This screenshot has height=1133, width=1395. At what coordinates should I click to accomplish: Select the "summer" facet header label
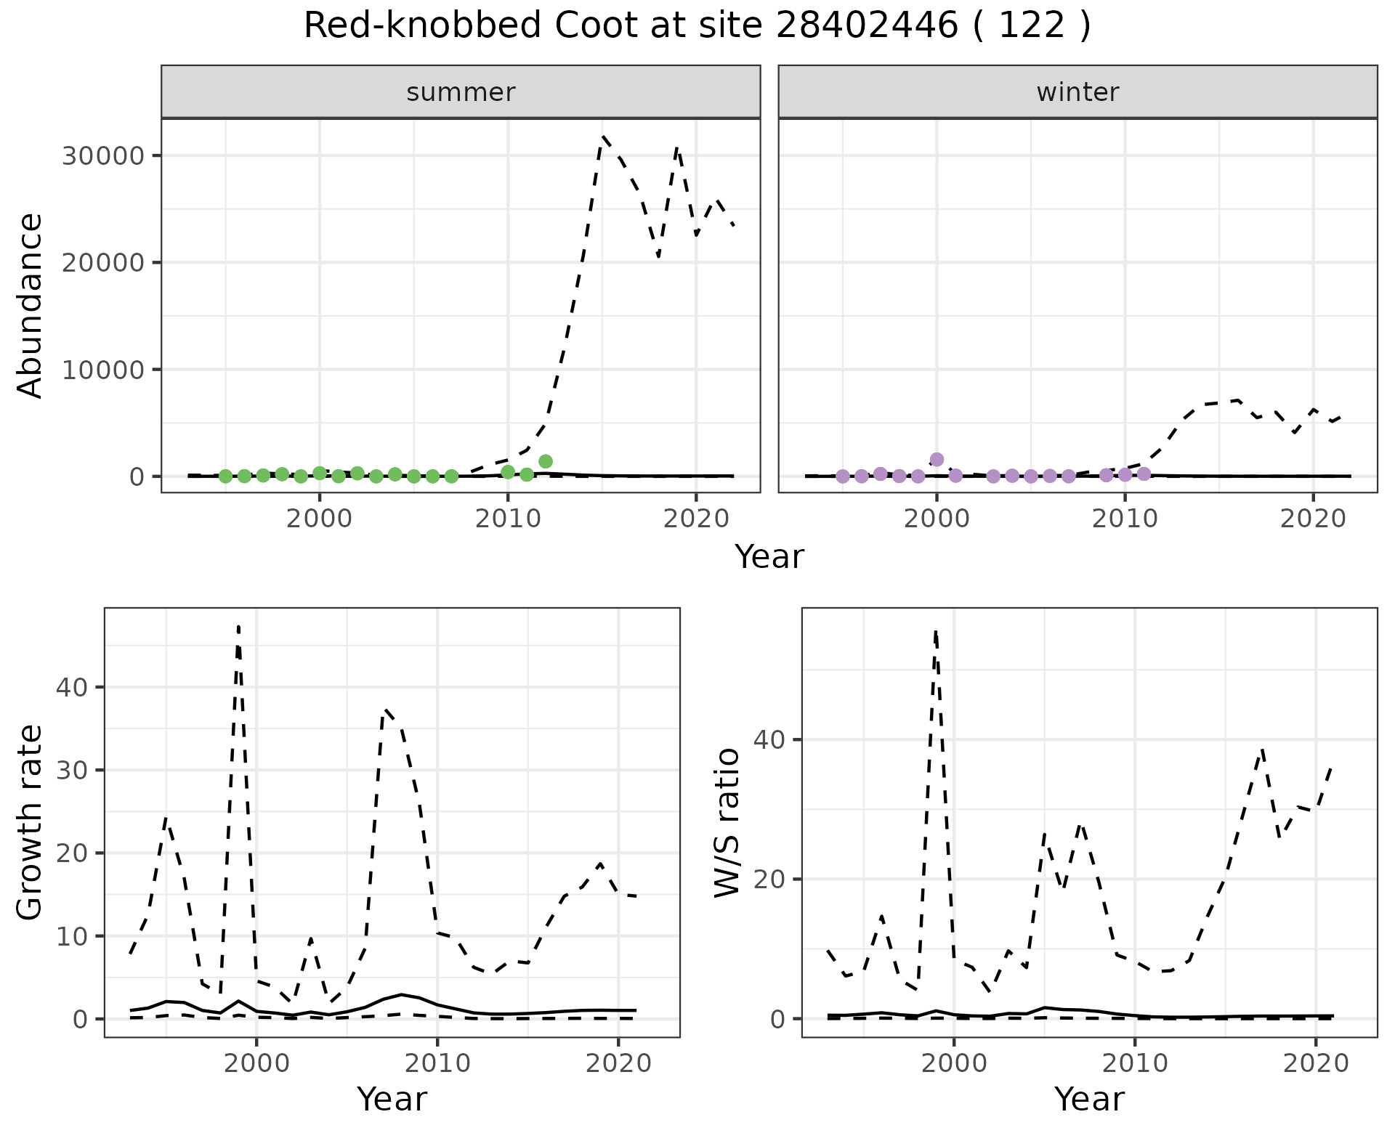[461, 92]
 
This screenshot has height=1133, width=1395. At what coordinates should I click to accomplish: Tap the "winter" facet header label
[1077, 92]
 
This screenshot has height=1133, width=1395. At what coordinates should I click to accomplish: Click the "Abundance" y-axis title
[31, 305]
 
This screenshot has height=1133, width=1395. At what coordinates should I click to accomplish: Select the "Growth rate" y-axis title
[31, 822]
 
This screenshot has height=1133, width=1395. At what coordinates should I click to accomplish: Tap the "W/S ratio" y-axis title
[727, 822]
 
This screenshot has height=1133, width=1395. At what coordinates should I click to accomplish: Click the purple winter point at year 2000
[937, 459]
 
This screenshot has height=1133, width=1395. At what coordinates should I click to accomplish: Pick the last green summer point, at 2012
[546, 461]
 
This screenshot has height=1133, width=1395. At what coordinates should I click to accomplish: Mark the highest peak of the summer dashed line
[603, 136]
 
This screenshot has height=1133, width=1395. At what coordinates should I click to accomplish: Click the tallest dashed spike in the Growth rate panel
[238, 626]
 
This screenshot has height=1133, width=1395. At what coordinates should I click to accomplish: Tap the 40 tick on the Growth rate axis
[70, 687]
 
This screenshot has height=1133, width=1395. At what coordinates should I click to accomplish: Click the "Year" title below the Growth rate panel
[392, 1099]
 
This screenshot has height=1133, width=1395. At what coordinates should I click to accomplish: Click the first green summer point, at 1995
[225, 476]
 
